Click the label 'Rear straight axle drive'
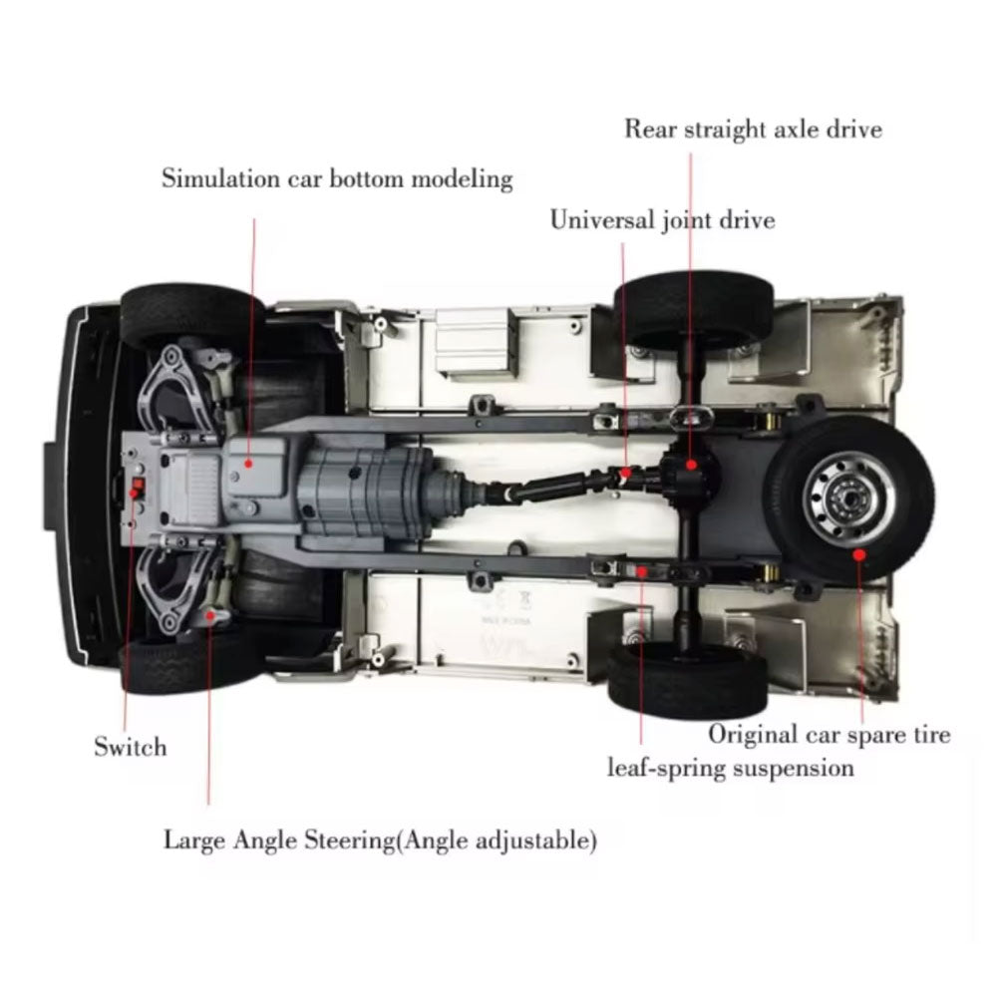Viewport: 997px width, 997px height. point(753,129)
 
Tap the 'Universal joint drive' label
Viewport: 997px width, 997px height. point(662,219)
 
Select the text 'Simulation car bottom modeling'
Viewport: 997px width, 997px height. point(337,179)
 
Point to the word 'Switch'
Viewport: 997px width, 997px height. point(130,746)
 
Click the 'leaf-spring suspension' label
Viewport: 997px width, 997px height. point(731,768)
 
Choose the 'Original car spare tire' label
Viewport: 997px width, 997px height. point(829,735)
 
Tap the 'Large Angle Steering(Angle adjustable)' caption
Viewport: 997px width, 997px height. point(381,840)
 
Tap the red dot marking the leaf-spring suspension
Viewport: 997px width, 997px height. point(643,570)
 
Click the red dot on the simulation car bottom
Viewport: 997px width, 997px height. point(249,462)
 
